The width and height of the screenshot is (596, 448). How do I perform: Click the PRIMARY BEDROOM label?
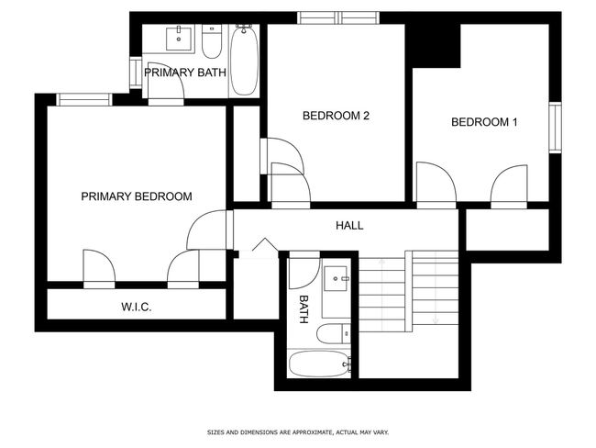(137, 196)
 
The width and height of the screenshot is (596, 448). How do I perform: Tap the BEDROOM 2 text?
(336, 116)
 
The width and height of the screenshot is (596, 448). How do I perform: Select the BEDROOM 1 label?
(484, 122)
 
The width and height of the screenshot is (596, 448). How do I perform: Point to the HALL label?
(349, 225)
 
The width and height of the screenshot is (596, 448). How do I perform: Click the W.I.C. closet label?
(137, 307)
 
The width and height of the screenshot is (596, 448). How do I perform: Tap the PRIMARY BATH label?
(185, 73)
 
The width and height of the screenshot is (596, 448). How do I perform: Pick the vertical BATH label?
(303, 309)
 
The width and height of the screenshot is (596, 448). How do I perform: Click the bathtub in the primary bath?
(244, 61)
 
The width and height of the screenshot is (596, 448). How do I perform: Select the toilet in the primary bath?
(211, 41)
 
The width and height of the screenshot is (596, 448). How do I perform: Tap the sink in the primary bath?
(179, 38)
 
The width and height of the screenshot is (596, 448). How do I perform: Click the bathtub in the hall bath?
(319, 364)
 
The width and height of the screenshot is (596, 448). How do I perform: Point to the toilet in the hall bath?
(334, 333)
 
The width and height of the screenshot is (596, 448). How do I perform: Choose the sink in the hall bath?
(336, 278)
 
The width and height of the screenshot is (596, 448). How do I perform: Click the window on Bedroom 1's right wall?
(556, 128)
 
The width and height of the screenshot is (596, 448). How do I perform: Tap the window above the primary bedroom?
(84, 100)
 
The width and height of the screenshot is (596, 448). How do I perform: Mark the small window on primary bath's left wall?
(136, 73)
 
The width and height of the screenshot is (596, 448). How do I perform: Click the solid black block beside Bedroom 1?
(433, 46)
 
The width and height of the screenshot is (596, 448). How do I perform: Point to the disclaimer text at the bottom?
(298, 432)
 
